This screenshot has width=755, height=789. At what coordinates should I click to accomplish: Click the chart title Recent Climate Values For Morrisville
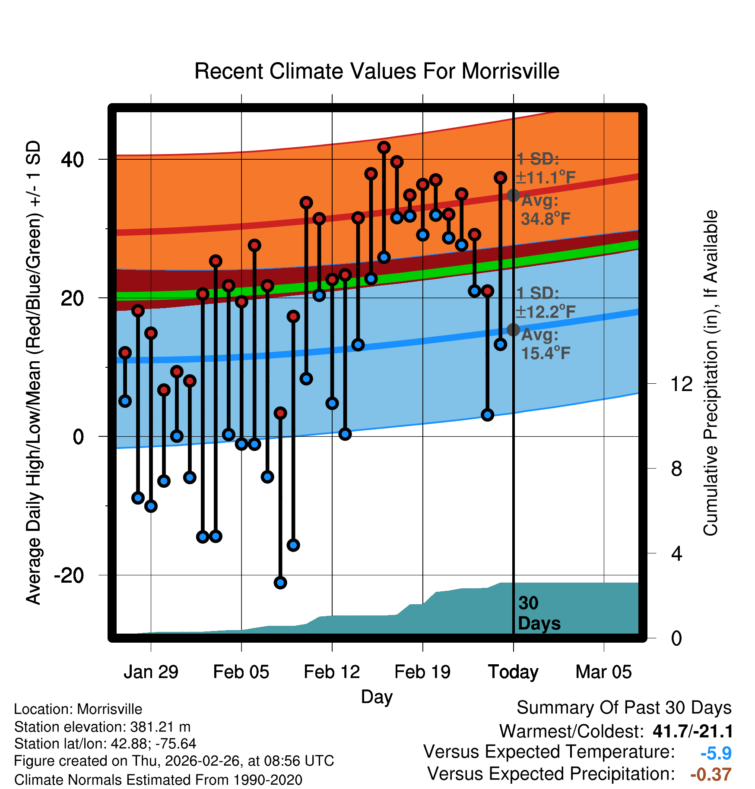377,71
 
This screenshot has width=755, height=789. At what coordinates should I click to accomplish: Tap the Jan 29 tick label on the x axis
151,672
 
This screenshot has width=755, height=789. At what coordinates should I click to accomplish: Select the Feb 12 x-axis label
332,672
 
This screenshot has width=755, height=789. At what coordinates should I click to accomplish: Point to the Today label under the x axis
513,672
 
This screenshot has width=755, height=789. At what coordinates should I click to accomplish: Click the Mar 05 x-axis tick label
603,672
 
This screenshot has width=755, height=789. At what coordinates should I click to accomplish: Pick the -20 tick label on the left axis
69,575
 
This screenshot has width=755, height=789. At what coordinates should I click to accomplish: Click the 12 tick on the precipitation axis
681,384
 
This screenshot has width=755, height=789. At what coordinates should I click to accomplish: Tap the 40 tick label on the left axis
72,160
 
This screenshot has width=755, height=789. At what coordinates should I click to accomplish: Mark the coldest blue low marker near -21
280,583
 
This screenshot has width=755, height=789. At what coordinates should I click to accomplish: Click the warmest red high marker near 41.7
384,148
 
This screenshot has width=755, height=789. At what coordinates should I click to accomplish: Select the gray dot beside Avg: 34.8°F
513,196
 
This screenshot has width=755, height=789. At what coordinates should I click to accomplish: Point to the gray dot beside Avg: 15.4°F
513,330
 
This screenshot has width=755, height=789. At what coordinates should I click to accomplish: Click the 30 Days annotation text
539,613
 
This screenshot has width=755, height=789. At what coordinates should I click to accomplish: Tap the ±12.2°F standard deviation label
546,312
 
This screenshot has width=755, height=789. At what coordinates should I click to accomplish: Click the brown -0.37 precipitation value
711,774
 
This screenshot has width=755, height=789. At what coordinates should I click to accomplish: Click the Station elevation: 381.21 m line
102,727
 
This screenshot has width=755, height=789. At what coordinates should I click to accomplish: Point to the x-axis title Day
377,697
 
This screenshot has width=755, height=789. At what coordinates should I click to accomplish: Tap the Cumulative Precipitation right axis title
711,373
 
